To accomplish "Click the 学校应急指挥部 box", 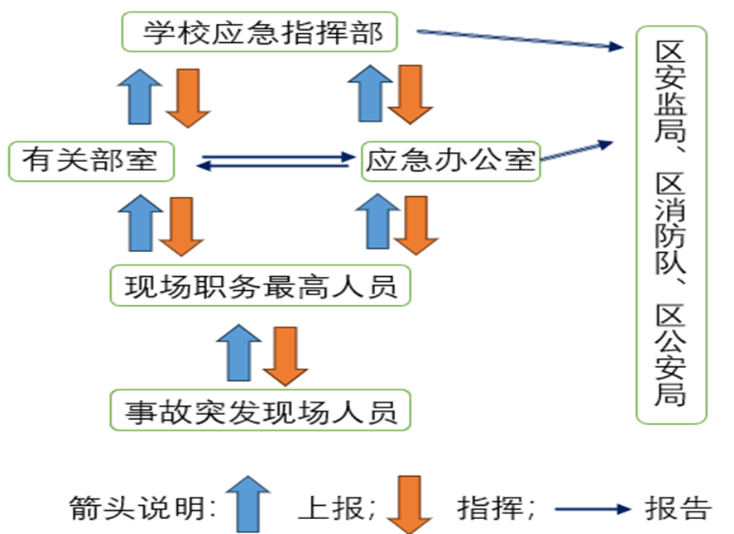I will click(260, 32).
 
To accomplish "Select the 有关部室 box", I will click(91, 160).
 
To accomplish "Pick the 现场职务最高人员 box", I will click(261, 287).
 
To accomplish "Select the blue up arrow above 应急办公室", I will click(370, 93).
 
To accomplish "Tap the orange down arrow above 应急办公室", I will click(411, 95).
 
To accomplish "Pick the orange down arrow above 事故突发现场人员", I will click(285, 355).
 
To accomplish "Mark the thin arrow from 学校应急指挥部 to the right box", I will click(519, 40).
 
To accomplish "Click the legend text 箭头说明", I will click(143, 507).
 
